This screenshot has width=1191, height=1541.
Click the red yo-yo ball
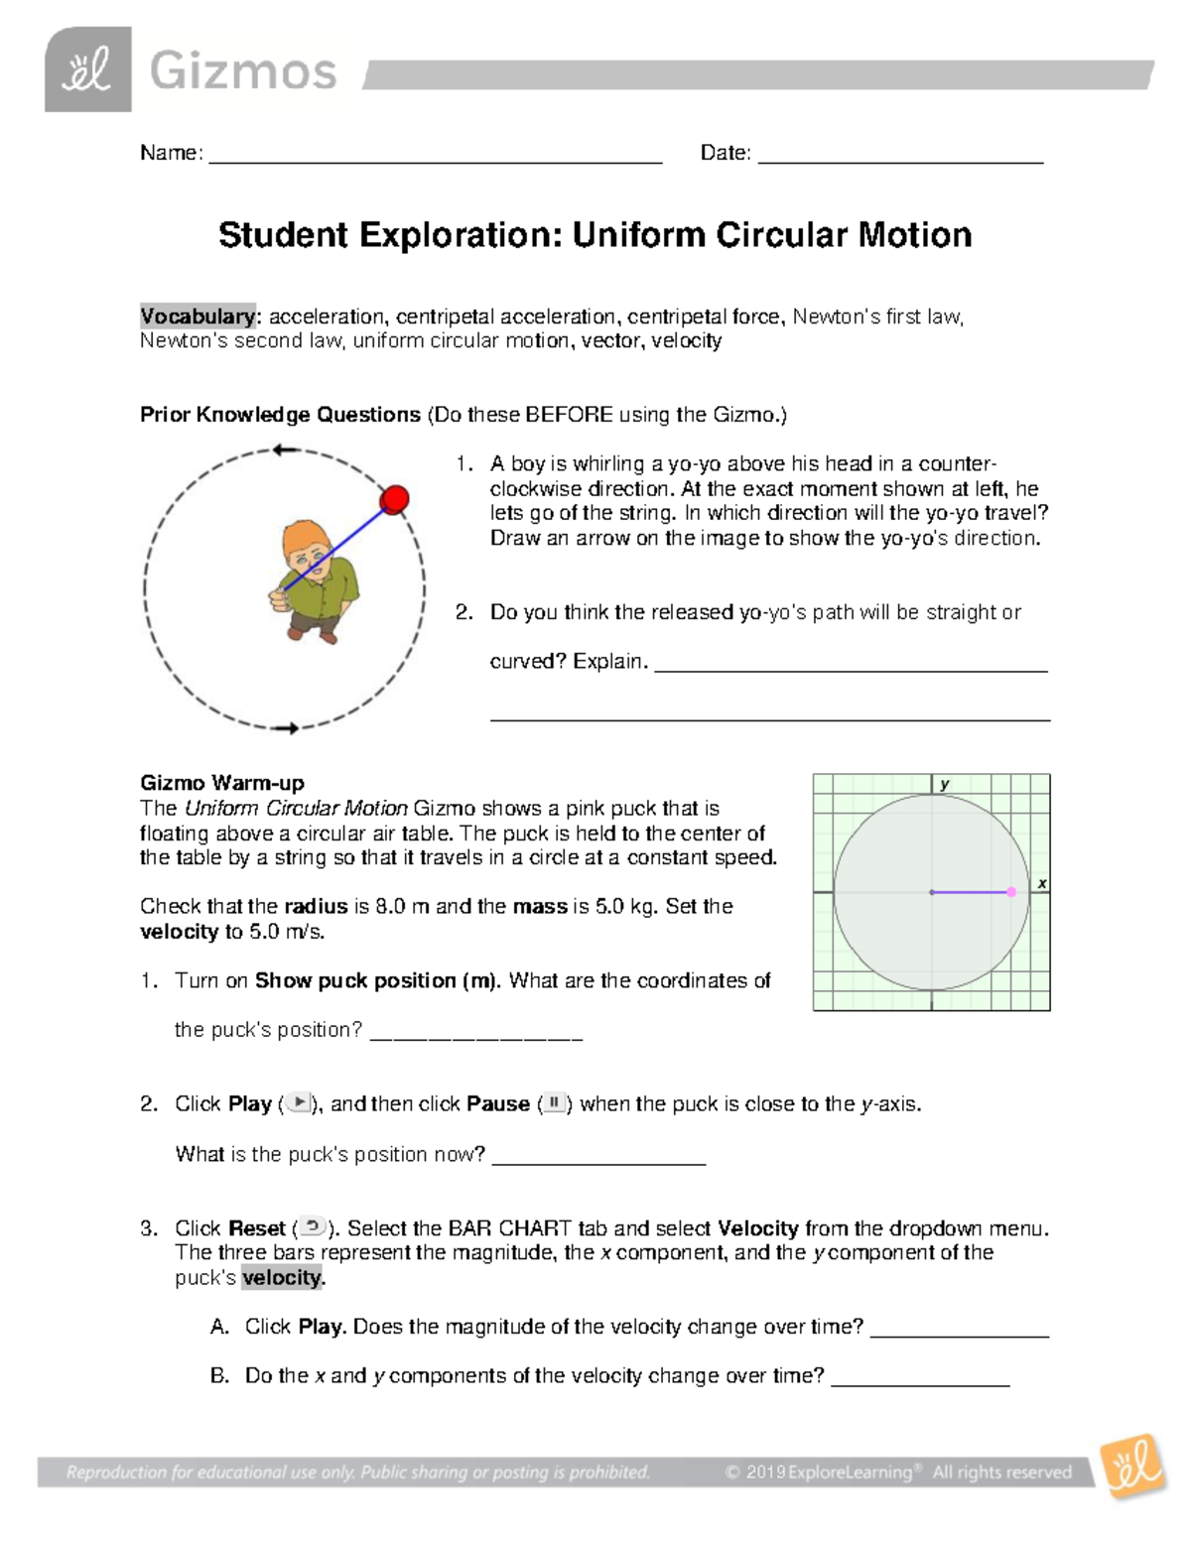(x=395, y=500)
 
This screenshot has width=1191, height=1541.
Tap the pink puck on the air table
(x=1011, y=892)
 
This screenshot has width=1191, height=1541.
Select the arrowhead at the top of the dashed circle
(x=285, y=450)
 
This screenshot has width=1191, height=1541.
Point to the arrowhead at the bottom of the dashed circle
(x=289, y=729)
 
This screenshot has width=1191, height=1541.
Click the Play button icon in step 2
(x=299, y=1103)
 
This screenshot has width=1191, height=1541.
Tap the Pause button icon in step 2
(x=554, y=1103)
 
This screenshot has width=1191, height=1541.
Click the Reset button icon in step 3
(x=312, y=1227)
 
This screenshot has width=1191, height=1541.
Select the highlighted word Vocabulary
(x=198, y=317)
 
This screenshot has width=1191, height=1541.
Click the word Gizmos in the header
(x=243, y=71)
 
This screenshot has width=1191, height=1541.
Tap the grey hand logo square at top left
(x=88, y=69)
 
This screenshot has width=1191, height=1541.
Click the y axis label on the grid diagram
(x=945, y=784)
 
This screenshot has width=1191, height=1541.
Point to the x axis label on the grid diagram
(x=1041, y=882)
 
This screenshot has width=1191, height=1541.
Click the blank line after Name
(x=435, y=159)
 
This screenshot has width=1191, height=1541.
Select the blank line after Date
(x=900, y=159)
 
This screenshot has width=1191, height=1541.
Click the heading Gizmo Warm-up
(x=222, y=783)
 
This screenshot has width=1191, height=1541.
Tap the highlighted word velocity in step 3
(x=282, y=1277)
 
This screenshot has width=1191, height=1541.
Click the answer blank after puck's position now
(x=598, y=1161)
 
